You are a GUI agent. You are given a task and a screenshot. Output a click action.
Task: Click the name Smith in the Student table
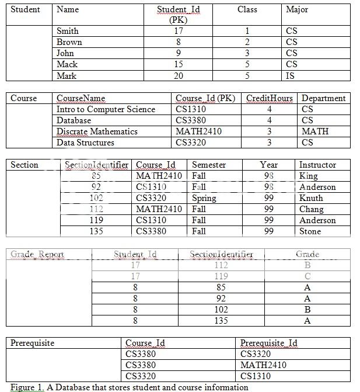pos(67,31)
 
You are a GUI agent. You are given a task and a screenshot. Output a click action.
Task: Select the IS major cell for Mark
pos(291,76)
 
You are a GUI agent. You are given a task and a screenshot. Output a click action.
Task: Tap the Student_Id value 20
pos(179,76)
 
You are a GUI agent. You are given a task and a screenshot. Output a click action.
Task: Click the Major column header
pos(297,10)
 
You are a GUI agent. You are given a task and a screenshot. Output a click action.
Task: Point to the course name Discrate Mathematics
pos(97,131)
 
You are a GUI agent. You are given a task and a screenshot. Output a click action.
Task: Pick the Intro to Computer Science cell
pos(106,109)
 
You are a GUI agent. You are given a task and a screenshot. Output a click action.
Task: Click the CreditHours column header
pos(269,98)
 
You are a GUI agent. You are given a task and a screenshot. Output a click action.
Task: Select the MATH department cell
pos(314,131)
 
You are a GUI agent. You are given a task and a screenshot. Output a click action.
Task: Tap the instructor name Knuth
pos(311,198)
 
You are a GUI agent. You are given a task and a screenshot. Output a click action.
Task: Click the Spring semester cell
pos(204,198)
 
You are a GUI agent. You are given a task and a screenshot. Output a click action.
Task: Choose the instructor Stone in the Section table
pos(310,231)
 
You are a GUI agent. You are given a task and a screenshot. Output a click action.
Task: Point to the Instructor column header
pos(317,165)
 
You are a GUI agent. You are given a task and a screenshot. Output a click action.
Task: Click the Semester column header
pos(208,165)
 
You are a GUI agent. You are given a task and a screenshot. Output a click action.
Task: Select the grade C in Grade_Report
pos(307,276)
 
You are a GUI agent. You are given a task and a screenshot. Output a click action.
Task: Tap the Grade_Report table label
pos(37,254)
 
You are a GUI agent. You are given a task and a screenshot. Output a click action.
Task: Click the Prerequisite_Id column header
pos(269,343)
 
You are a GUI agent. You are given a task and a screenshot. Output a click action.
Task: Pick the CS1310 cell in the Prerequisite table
pos(255,376)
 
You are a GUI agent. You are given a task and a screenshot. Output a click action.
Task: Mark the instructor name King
pos(308,176)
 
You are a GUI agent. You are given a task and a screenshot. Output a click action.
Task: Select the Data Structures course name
pos(85,143)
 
